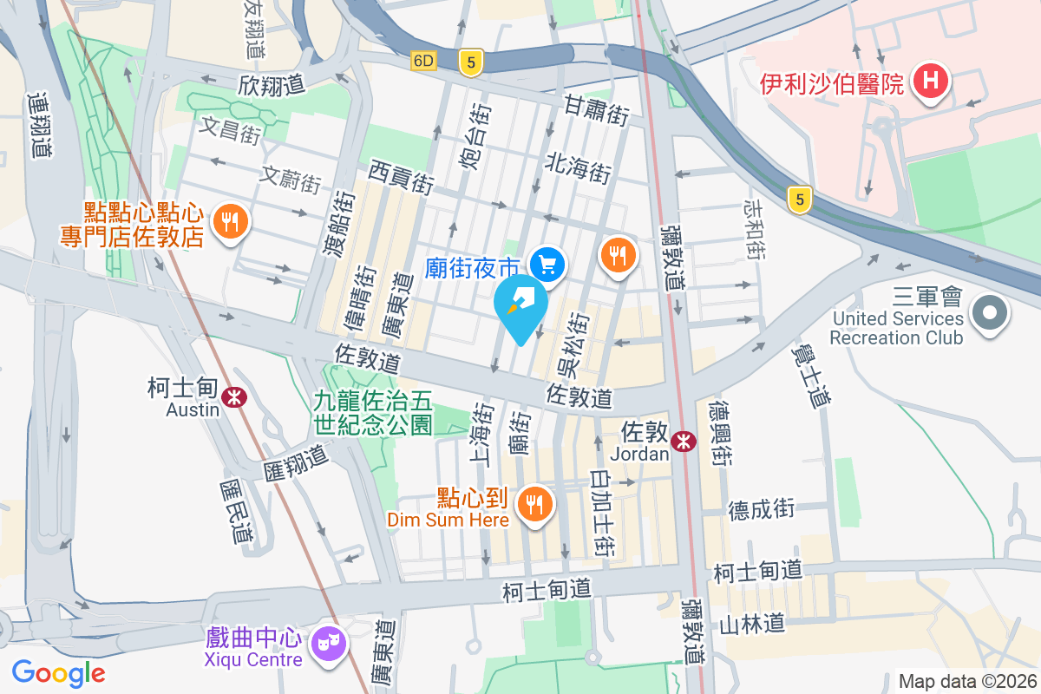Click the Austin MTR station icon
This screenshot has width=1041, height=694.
tap(232, 397)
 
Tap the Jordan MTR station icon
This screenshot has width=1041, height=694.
tap(684, 441)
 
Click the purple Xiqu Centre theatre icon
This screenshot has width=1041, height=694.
tap(329, 643)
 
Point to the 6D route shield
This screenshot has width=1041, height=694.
tap(424, 61)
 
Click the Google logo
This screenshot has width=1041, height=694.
tap(59, 672)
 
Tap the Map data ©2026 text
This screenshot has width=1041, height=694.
tap(966, 681)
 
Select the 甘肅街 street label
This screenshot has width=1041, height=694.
tap(596, 109)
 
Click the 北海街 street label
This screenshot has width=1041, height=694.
tap(579, 167)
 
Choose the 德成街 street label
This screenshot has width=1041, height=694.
tap(762, 508)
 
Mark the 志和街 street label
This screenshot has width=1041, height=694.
tap(754, 228)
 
